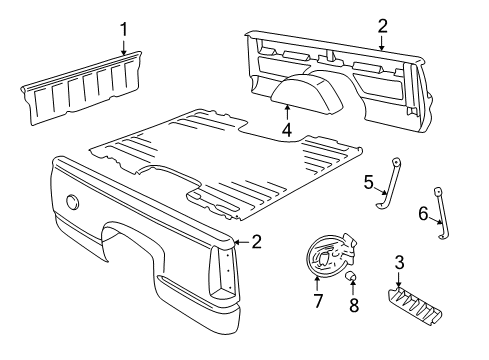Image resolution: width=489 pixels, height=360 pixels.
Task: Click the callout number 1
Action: [x=124, y=30]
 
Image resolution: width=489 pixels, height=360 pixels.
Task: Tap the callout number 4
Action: [x=287, y=130]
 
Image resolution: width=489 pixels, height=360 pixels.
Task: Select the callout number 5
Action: [x=368, y=182]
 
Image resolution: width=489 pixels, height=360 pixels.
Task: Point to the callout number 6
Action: [x=423, y=213]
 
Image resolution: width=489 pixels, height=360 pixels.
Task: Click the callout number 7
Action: [x=318, y=301]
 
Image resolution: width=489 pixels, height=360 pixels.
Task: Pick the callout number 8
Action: [x=354, y=305]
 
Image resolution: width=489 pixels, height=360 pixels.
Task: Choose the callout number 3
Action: [x=399, y=263]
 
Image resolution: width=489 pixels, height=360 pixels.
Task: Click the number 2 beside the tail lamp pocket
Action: [x=256, y=242]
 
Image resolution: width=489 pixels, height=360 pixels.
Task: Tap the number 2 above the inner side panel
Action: [x=383, y=26]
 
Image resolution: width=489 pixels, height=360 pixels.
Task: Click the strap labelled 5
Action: [x=389, y=183]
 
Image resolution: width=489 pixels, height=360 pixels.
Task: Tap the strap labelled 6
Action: [x=441, y=213]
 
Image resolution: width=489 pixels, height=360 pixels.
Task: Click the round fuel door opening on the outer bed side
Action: [x=72, y=202]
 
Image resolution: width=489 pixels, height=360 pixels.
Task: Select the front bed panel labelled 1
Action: [x=82, y=88]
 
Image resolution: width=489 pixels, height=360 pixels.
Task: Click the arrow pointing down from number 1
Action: [x=124, y=48]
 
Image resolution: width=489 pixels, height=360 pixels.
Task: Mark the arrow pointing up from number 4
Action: [x=287, y=113]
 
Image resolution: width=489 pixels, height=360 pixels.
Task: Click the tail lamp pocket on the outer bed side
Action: [x=222, y=272]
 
